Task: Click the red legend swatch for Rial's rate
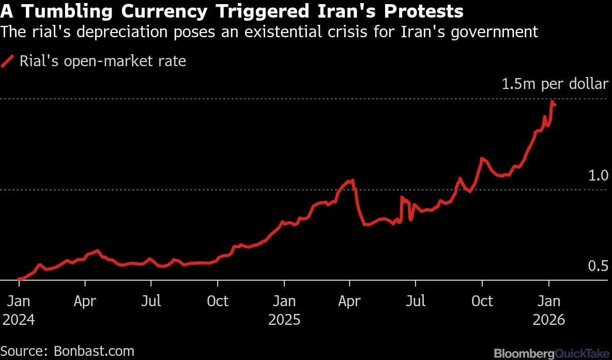[8, 62]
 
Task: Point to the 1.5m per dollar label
[555, 84]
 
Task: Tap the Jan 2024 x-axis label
[19, 309]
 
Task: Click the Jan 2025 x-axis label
[284, 309]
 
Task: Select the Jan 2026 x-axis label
[548, 309]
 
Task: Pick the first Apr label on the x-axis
[85, 301]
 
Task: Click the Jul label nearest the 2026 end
[416, 301]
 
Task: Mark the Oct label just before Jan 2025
[218, 301]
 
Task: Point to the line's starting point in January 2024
[19, 279]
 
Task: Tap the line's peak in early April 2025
[353, 181]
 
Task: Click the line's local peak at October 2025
[482, 158]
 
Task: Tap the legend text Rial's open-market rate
[102, 62]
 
